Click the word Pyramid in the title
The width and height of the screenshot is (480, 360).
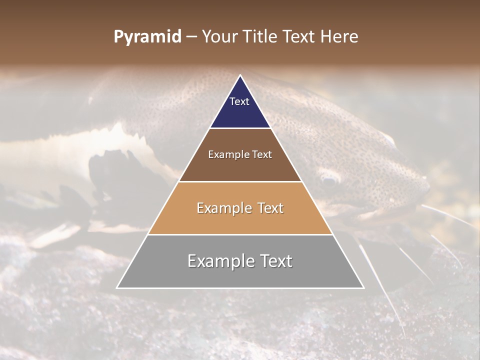pyautogui.click(x=147, y=36)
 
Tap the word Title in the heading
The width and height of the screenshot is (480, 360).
pyautogui.click(x=260, y=36)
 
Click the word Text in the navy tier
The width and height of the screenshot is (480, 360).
pyautogui.click(x=239, y=101)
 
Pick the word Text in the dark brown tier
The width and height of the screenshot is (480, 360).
pyautogui.click(x=262, y=154)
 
